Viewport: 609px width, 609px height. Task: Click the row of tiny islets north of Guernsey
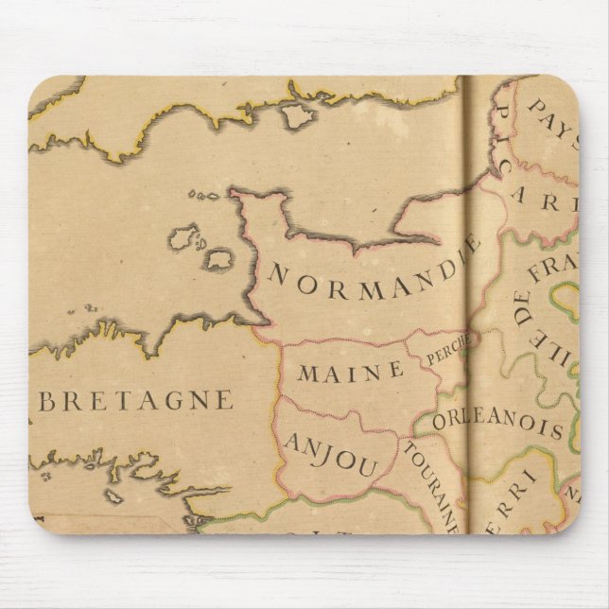click(203, 196)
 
